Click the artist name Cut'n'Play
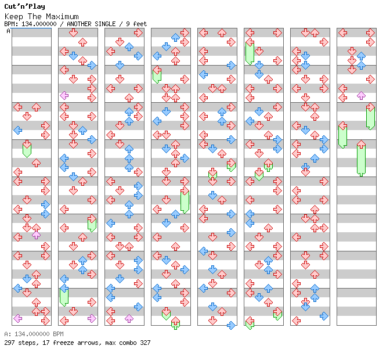[x=24, y=6]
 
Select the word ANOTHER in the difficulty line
[x=78, y=24]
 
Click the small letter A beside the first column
[x=8, y=31]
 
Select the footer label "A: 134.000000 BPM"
[x=34, y=334]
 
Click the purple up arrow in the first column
[x=37, y=235]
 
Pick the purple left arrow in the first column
[x=17, y=318]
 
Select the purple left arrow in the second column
[x=64, y=95]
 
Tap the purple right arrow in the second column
[x=92, y=318]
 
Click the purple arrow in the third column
[x=129, y=318]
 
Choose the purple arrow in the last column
[x=361, y=95]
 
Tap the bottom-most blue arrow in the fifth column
[x=231, y=325]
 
